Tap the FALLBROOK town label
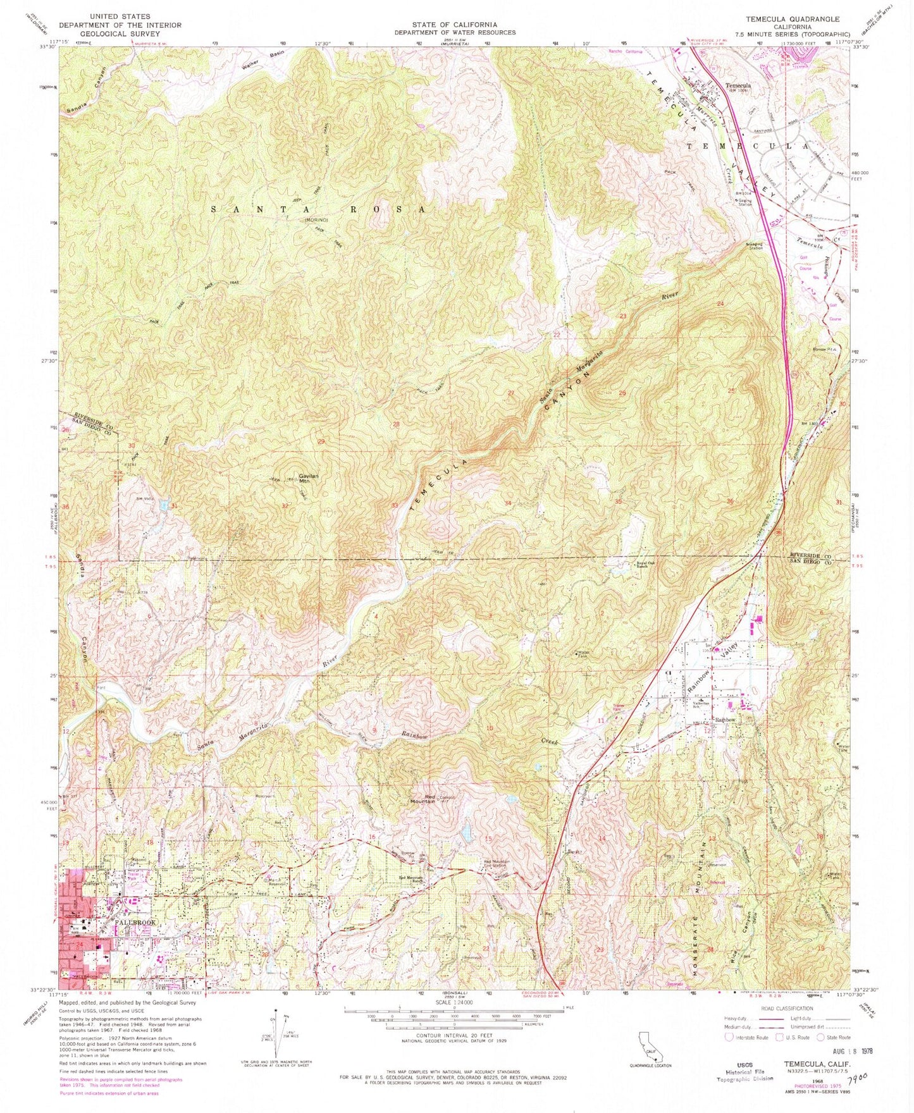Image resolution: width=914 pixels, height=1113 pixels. click(135, 923)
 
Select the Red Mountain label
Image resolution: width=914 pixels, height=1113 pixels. click(430, 798)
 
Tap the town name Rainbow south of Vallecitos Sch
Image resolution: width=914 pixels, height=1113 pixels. click(724, 720)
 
